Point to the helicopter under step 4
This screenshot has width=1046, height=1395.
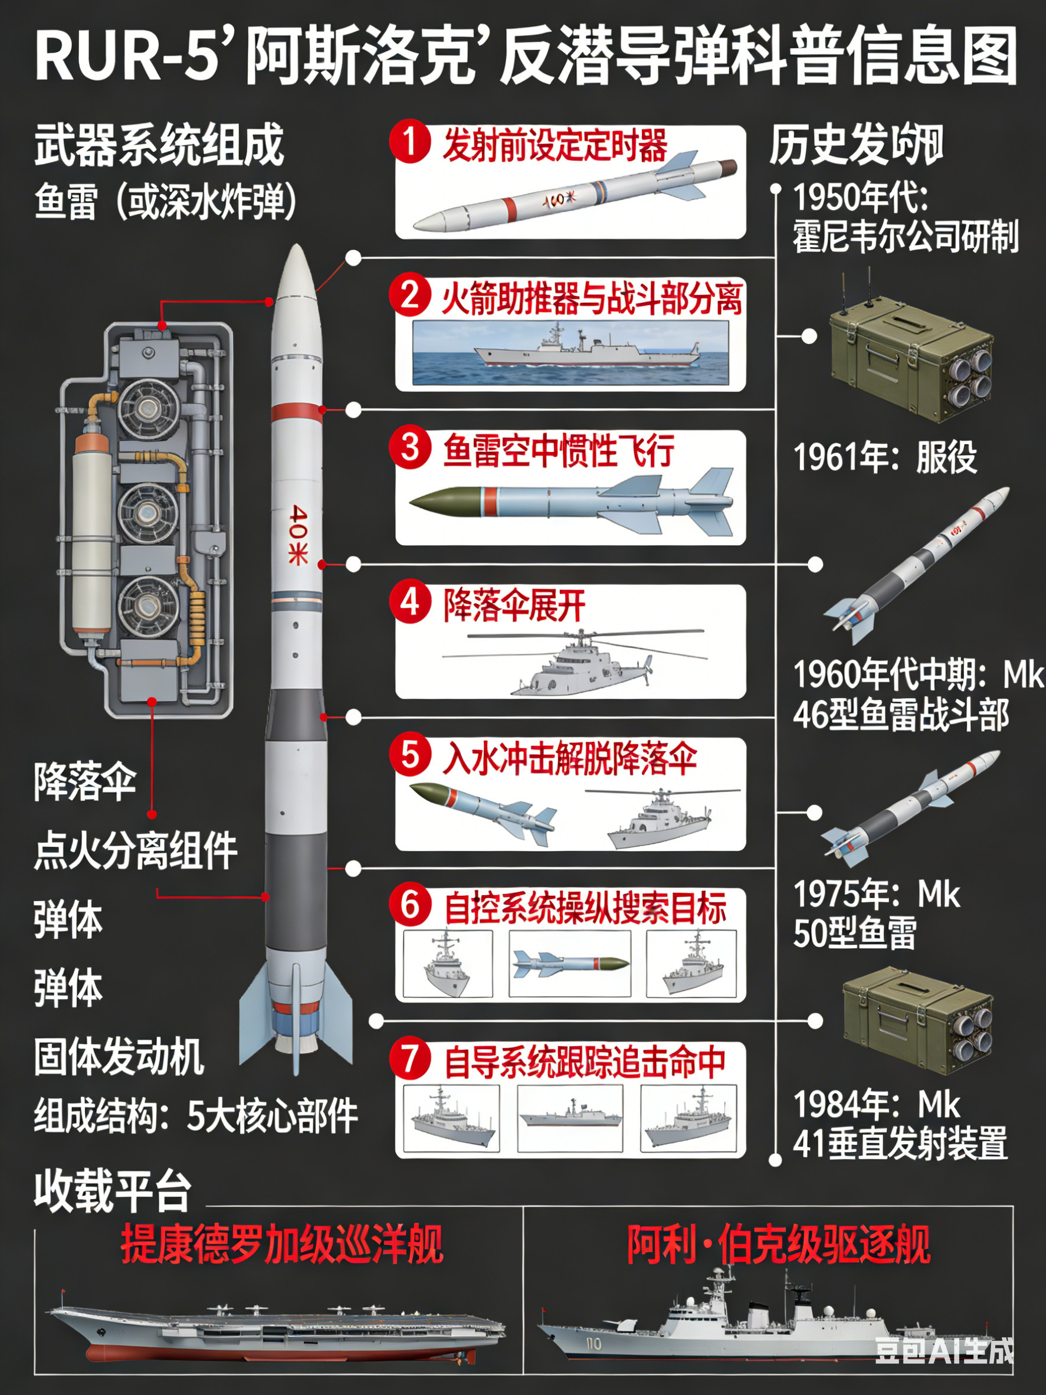[x=580, y=662]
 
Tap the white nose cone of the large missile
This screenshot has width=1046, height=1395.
[x=296, y=271]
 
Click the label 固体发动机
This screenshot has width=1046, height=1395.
[x=119, y=1057]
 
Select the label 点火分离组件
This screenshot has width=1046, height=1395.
[x=135, y=851]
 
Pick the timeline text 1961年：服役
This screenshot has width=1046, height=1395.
[x=884, y=457]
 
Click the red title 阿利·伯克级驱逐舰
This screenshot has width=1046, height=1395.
[x=778, y=1245]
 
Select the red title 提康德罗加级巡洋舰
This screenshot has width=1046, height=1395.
[x=282, y=1245]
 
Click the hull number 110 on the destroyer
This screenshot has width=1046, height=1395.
[x=594, y=1345]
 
